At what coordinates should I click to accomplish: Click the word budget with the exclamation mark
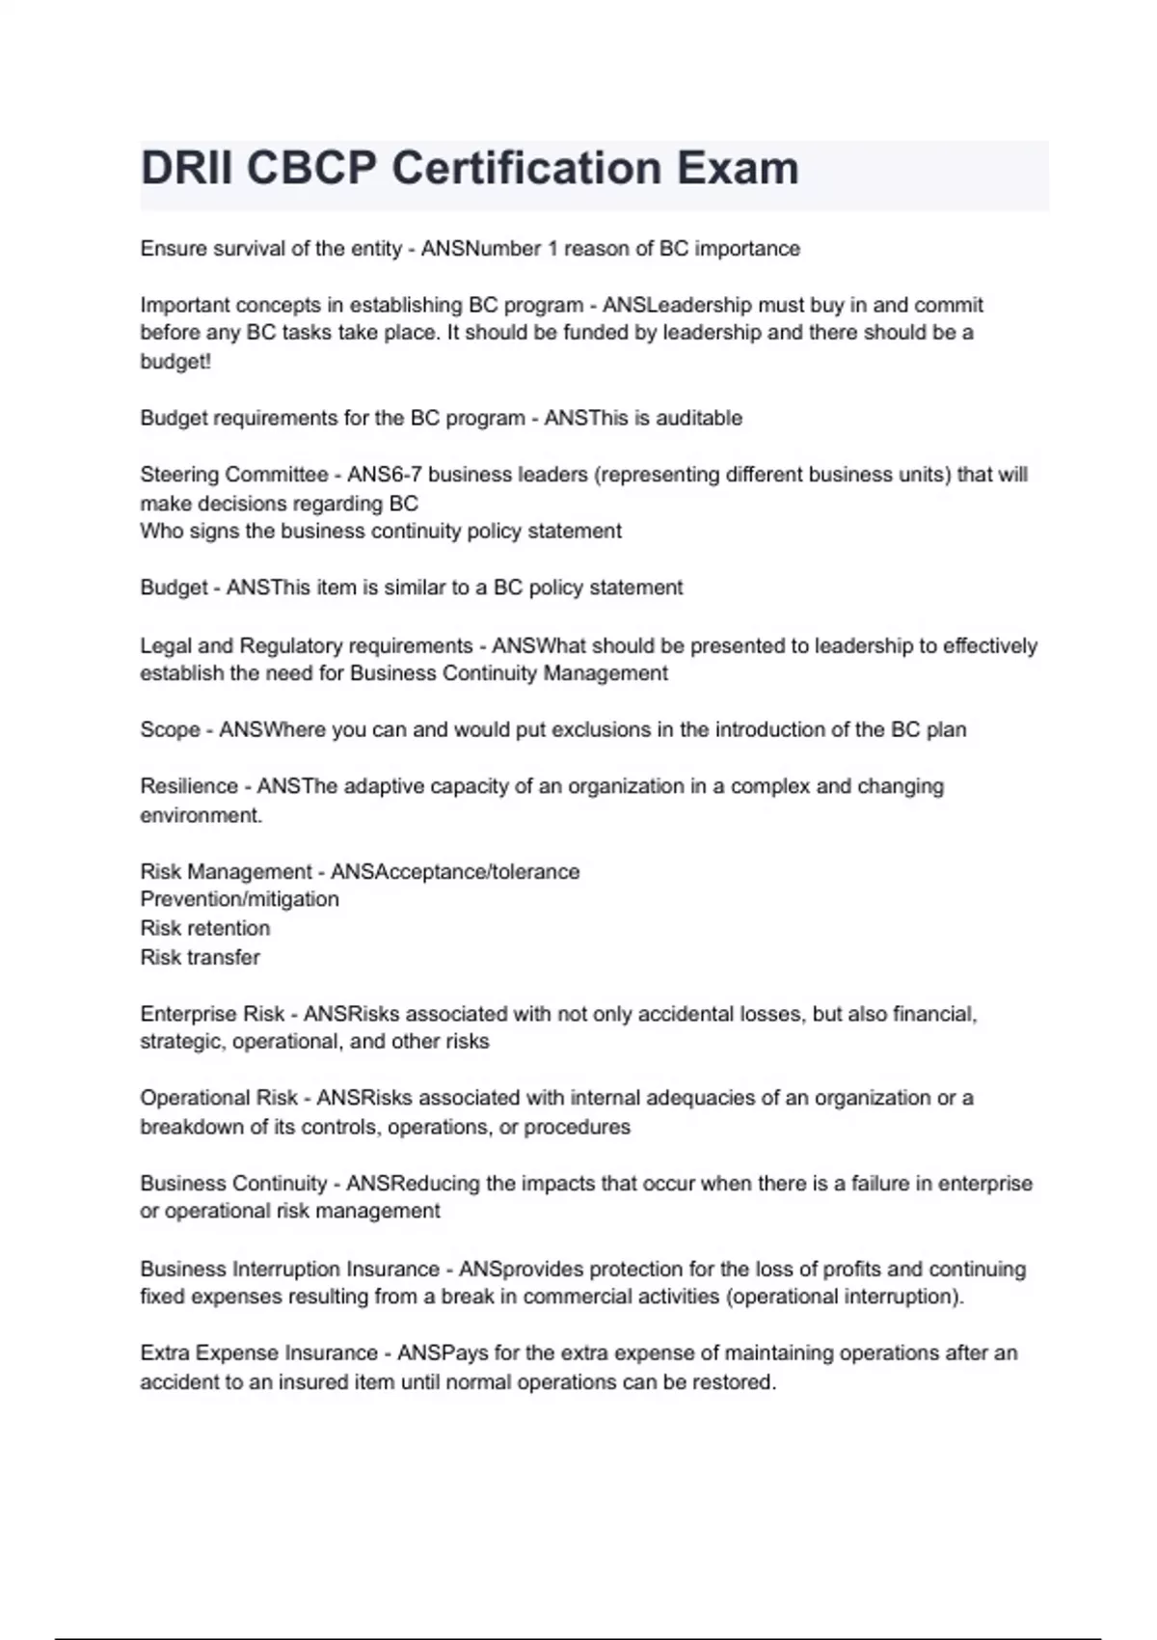(x=175, y=362)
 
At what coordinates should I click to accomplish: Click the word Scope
(x=170, y=729)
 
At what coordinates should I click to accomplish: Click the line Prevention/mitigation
(x=240, y=899)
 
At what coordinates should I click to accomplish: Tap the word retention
(x=229, y=928)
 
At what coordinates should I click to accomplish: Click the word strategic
(x=182, y=1042)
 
